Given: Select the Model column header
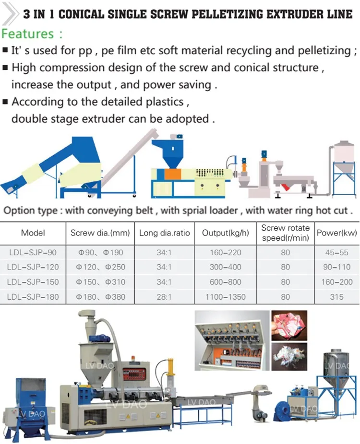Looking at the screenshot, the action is (x=33, y=233).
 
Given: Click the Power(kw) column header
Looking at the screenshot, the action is (x=336, y=233).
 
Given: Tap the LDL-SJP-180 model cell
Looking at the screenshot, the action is (x=33, y=297).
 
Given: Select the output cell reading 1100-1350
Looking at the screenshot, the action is (x=225, y=297).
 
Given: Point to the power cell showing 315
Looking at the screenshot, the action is (x=336, y=297).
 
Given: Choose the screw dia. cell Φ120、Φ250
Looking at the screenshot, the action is (x=100, y=267).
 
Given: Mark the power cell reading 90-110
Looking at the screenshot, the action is (x=336, y=267).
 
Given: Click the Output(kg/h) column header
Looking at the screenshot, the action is (x=225, y=233).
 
